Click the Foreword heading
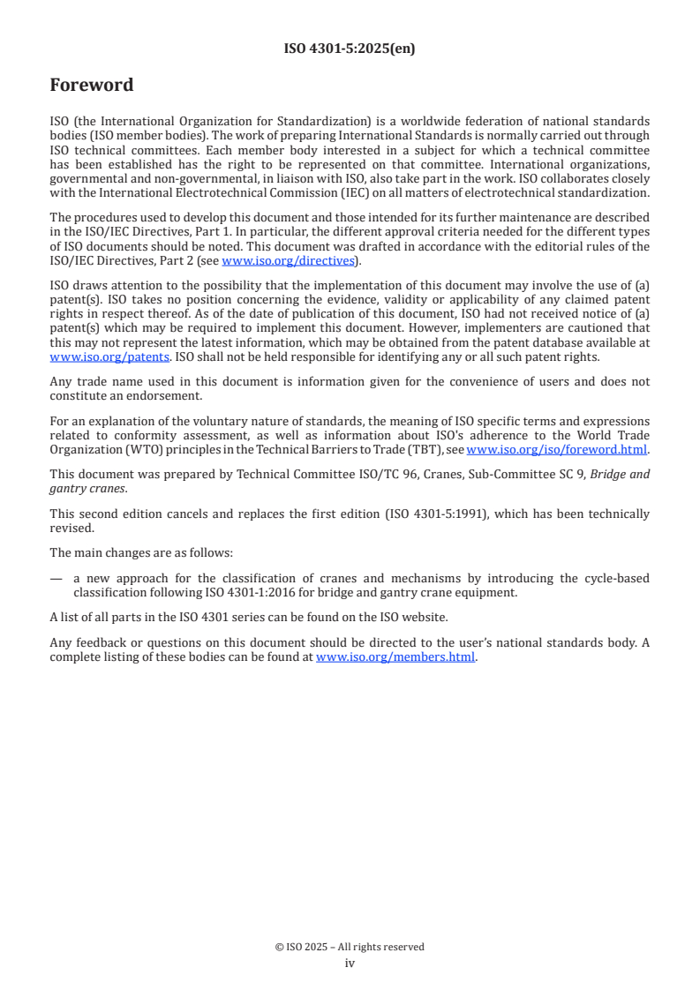point(92,86)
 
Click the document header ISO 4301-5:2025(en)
point(350,49)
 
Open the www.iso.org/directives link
point(288,260)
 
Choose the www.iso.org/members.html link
point(395,656)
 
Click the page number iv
point(350,964)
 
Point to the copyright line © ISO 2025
point(350,947)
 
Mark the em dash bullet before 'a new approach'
point(56,579)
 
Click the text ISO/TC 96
point(377,474)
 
